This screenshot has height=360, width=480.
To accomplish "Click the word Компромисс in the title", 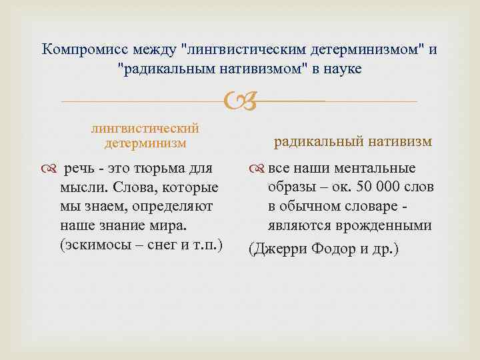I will coord(86,49).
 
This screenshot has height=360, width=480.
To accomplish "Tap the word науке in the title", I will coord(341,68).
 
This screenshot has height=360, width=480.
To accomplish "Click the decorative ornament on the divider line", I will coord(239,102).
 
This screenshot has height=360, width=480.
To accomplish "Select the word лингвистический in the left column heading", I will coord(145,129).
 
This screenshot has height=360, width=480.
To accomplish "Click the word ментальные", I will coord(376,168).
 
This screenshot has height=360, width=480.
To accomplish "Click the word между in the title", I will coord(157,49).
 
